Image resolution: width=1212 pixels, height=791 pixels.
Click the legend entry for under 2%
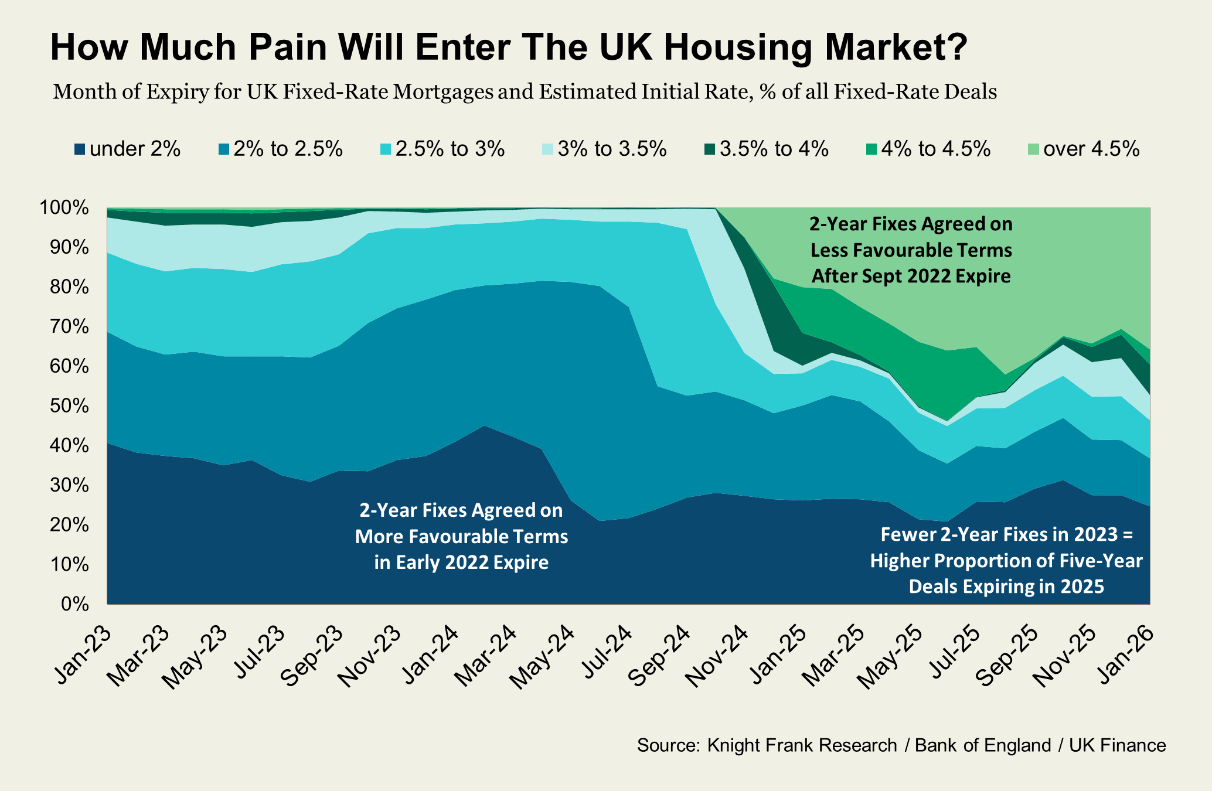click(x=127, y=149)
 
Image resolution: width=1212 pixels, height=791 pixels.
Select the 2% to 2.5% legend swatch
click(x=224, y=149)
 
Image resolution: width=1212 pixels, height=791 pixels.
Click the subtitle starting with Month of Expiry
click(x=525, y=92)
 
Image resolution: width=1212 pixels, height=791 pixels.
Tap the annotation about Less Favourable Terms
click(x=911, y=250)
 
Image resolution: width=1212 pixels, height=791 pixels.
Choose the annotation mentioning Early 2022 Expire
click(x=461, y=537)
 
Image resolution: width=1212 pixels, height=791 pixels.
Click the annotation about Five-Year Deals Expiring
click(x=1006, y=561)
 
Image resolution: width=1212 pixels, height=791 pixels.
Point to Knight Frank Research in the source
click(x=802, y=745)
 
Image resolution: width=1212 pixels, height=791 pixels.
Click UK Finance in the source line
click(x=1117, y=745)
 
